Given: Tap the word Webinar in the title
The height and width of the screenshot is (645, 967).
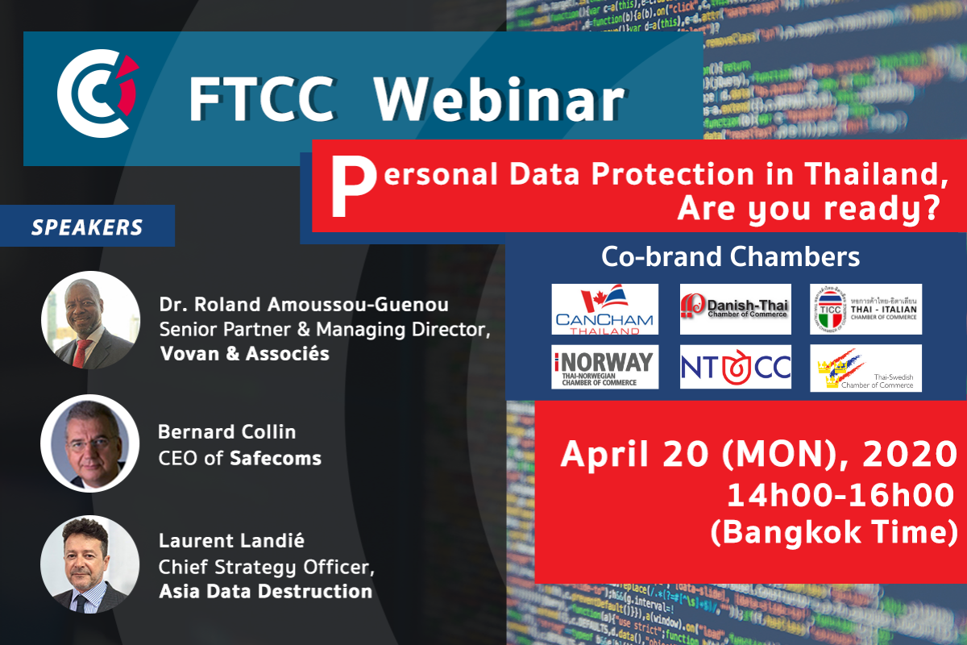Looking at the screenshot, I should point(499,101).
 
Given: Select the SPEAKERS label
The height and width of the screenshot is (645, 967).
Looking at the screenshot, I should point(87,227).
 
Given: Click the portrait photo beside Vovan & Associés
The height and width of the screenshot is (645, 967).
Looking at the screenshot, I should point(89,320).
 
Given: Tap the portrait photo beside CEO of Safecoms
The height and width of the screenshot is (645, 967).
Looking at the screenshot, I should point(89,443).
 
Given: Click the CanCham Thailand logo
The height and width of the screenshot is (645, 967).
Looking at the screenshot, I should point(605,309).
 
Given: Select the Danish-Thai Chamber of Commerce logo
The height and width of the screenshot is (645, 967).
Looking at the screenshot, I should point(736,309).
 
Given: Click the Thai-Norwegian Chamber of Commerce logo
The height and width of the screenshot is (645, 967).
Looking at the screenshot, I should point(605,367).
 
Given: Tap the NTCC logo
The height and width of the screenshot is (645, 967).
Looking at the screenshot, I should point(736,367).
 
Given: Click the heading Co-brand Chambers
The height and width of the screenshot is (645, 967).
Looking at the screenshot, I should point(731,257).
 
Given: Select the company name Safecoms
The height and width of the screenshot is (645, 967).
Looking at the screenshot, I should point(276,459).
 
